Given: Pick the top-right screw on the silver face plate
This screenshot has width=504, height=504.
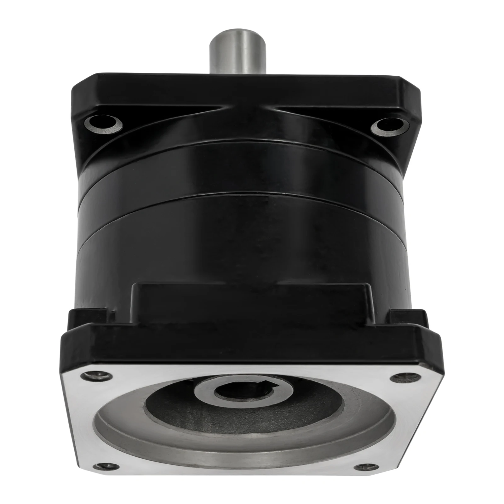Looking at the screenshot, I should [x=398, y=378].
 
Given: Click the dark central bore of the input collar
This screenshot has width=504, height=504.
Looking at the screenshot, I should [x=227, y=392].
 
